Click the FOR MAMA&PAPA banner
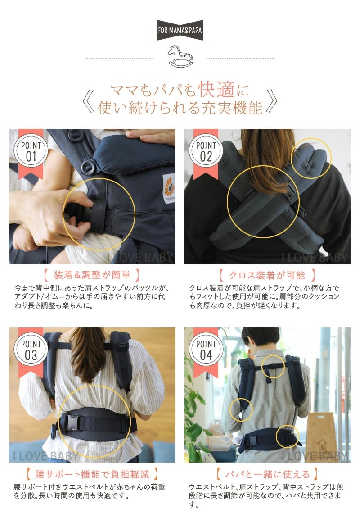click(x=180, y=30)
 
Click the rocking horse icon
click(x=180, y=56)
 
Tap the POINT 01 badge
click(x=31, y=151)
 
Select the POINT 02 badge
click(x=206, y=151)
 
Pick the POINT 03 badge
click(x=31, y=350)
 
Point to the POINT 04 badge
click(x=206, y=350)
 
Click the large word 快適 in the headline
click(x=216, y=89)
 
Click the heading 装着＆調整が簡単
click(x=92, y=275)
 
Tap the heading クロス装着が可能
click(x=267, y=275)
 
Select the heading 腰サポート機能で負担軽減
click(x=92, y=474)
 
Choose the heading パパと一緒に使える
click(x=267, y=474)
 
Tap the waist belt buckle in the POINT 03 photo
click(x=72, y=423)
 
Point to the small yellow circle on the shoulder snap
click(x=311, y=159)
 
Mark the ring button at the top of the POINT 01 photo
click(x=76, y=135)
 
